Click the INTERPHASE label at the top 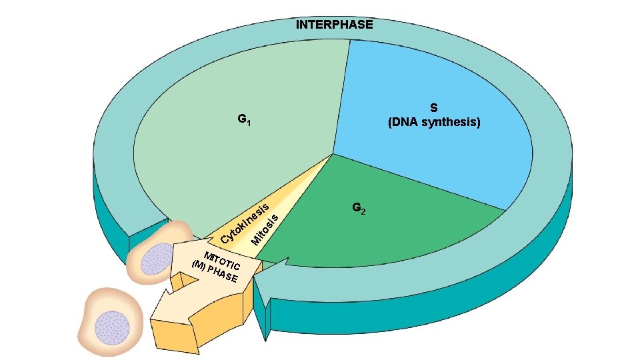coord(335,25)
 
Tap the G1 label coord(244,120)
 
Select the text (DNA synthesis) coord(433,123)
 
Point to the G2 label coord(359,209)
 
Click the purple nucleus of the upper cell coord(157,258)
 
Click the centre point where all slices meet coord(333,155)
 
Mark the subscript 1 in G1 coord(249,123)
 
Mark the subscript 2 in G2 coord(363,212)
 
